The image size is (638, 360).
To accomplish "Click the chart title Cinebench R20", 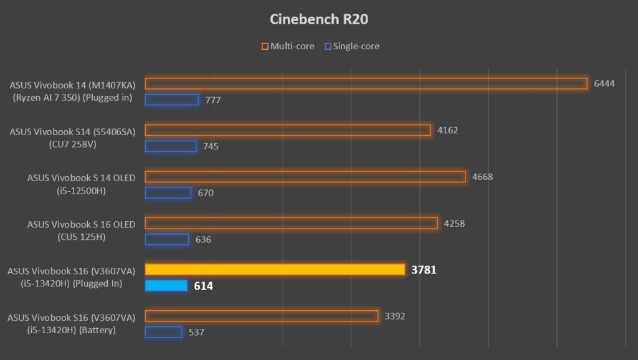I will pos(318,19).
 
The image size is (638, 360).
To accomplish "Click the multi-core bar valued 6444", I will pos(366,83).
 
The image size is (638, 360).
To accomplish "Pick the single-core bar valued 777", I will pos(171,100).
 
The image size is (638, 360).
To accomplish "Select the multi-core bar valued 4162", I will pos(288,130).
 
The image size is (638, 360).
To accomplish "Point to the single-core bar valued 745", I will pos(171,146).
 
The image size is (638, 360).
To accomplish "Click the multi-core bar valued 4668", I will pos(305,177).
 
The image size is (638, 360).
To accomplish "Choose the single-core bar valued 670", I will pos(168,192).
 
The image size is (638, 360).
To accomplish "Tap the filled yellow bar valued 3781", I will pos(275,270).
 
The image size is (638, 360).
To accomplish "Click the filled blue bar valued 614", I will pos(166,286).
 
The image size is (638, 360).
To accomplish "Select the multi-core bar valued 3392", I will pos(261,316).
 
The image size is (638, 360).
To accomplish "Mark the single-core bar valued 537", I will pos(163,332).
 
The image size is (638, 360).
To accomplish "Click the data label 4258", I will pos(454,224).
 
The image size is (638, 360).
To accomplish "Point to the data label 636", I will pos(203,240).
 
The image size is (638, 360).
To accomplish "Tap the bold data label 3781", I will pos(425,270).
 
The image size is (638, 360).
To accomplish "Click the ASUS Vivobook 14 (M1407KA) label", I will pos(72,85).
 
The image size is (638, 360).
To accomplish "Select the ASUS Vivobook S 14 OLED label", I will pos(81,178).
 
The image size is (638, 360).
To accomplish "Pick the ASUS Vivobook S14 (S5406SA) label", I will pos(72,131).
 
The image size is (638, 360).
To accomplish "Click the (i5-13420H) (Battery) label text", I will pos(73,330).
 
